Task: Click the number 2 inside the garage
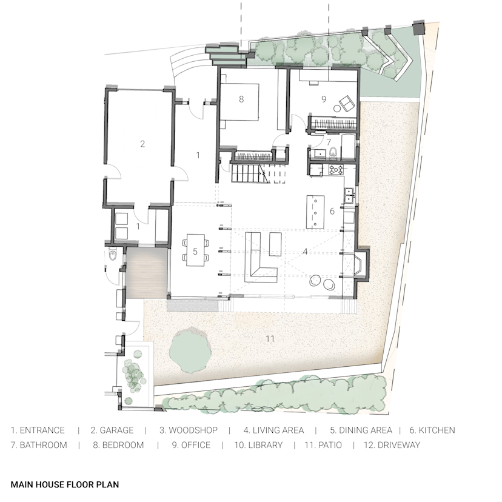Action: [142, 144]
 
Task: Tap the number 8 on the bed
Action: [241, 99]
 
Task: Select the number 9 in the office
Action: [324, 98]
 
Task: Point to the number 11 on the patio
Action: [270, 338]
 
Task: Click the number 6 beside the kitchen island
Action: [332, 212]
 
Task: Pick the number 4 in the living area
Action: [305, 250]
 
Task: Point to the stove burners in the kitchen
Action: [336, 170]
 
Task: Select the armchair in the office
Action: [346, 104]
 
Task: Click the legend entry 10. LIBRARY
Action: [258, 445]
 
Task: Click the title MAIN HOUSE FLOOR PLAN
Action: [64, 484]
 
